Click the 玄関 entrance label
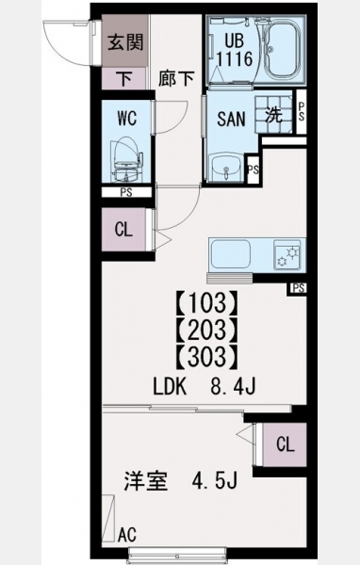click(126, 42)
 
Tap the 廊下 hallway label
click(176, 78)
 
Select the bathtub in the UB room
click(283, 49)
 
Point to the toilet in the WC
click(126, 159)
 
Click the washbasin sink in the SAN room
click(226, 168)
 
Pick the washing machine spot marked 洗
click(273, 115)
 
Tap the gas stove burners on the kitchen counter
click(287, 255)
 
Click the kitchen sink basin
click(231, 254)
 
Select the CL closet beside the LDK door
click(123, 230)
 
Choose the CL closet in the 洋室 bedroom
click(285, 444)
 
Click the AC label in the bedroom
click(127, 534)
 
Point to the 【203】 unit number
click(207, 330)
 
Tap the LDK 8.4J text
click(205, 387)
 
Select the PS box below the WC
click(126, 192)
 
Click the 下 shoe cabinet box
click(124, 78)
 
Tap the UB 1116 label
click(235, 50)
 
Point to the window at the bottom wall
click(177, 553)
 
